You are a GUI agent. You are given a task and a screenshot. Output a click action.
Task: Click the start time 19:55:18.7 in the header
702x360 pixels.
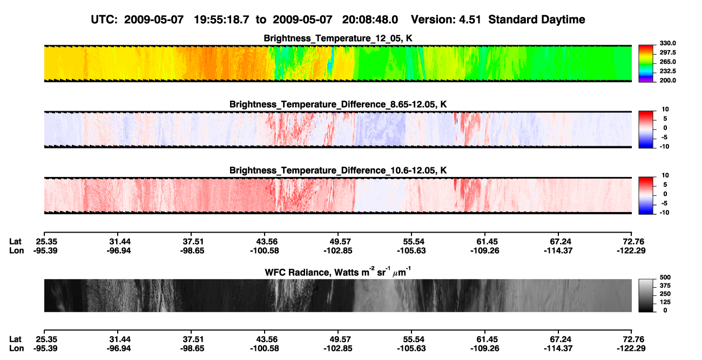point(221,20)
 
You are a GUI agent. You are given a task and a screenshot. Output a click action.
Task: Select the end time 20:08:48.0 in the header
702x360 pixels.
point(370,20)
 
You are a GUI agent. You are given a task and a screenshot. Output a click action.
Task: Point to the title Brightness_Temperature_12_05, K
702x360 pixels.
point(338,38)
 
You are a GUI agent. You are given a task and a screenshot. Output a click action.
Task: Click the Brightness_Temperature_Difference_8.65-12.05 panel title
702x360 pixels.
point(338,104)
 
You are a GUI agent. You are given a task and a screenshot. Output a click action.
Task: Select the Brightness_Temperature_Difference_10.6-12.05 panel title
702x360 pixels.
point(338,171)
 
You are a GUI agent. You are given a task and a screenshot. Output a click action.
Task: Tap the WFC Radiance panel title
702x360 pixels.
point(338,272)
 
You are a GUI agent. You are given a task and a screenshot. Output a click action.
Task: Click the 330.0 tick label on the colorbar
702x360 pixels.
point(667,43)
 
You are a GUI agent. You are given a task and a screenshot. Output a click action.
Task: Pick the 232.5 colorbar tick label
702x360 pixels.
point(667,71)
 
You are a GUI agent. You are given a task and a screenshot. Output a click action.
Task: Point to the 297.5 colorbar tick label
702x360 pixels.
point(667,53)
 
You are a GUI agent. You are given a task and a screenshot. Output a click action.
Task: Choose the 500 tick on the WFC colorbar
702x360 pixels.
point(665,277)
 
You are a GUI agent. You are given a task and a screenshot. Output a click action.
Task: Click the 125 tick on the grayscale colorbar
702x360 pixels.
point(665,302)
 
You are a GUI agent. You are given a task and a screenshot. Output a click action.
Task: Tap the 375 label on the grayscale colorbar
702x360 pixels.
point(665,286)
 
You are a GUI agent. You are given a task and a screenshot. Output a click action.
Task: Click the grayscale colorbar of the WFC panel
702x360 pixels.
point(646,295)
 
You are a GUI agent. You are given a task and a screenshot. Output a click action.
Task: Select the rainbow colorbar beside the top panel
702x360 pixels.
point(646,64)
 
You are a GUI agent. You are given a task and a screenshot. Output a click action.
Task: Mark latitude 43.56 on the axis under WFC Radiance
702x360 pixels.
point(267,339)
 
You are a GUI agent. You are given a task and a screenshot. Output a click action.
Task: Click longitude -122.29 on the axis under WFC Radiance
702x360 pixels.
point(631,349)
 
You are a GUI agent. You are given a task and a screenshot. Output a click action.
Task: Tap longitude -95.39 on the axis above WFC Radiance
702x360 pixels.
point(45,250)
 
